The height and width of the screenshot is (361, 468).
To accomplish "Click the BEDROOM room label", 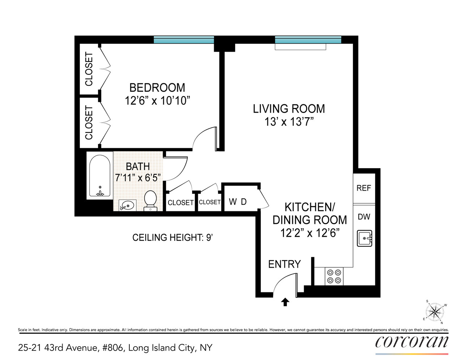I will pyautogui.click(x=157, y=88).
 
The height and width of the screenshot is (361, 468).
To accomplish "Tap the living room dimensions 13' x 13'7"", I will pyautogui.click(x=289, y=122).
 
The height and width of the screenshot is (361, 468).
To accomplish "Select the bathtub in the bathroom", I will pyautogui.click(x=99, y=176).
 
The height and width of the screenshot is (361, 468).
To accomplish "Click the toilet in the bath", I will pyautogui.click(x=150, y=200).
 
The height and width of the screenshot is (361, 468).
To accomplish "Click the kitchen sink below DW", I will pyautogui.click(x=365, y=238).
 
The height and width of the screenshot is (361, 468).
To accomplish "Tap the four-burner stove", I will pyautogui.click(x=334, y=276).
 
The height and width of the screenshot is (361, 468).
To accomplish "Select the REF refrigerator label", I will pyautogui.click(x=363, y=188).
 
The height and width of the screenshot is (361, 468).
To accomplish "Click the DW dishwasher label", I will pyautogui.click(x=364, y=217).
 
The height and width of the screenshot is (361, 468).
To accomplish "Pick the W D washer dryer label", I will pyautogui.click(x=238, y=202).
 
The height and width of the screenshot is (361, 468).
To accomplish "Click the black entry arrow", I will pyautogui.click(x=285, y=302).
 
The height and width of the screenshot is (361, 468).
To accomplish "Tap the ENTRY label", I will pyautogui.click(x=284, y=264).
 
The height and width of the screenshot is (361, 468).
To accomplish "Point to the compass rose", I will pyautogui.click(x=435, y=312).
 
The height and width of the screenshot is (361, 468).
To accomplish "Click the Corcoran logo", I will pyautogui.click(x=412, y=342).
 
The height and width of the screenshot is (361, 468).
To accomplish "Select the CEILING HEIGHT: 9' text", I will pyautogui.click(x=173, y=238).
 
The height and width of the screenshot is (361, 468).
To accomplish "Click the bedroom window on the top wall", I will pyautogui.click(x=184, y=40).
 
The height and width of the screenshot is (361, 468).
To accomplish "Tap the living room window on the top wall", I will pyautogui.click(x=308, y=40).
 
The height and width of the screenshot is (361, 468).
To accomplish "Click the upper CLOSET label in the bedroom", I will pyautogui.click(x=89, y=69).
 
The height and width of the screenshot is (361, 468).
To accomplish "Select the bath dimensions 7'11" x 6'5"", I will pyautogui.click(x=138, y=178).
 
